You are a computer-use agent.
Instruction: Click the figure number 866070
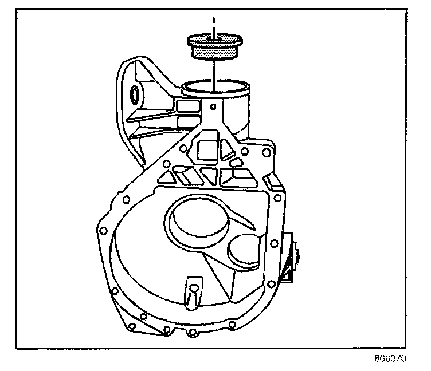(x=390, y=360)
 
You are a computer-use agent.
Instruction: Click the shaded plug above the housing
(x=213, y=46)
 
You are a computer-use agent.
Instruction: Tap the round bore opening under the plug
(x=214, y=88)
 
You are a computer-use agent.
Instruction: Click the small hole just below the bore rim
(x=213, y=105)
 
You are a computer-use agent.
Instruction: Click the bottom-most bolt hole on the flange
(x=190, y=331)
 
